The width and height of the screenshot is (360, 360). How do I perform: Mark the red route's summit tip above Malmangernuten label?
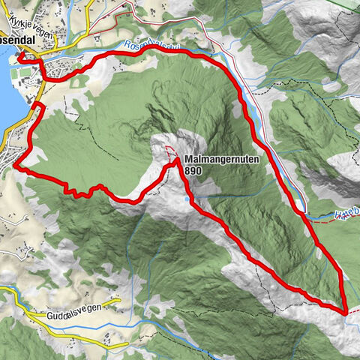(x=175, y=159)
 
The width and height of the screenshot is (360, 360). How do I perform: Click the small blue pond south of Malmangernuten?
(x=186, y=200)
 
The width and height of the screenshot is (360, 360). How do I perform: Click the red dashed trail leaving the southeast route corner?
(x=353, y=314)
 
